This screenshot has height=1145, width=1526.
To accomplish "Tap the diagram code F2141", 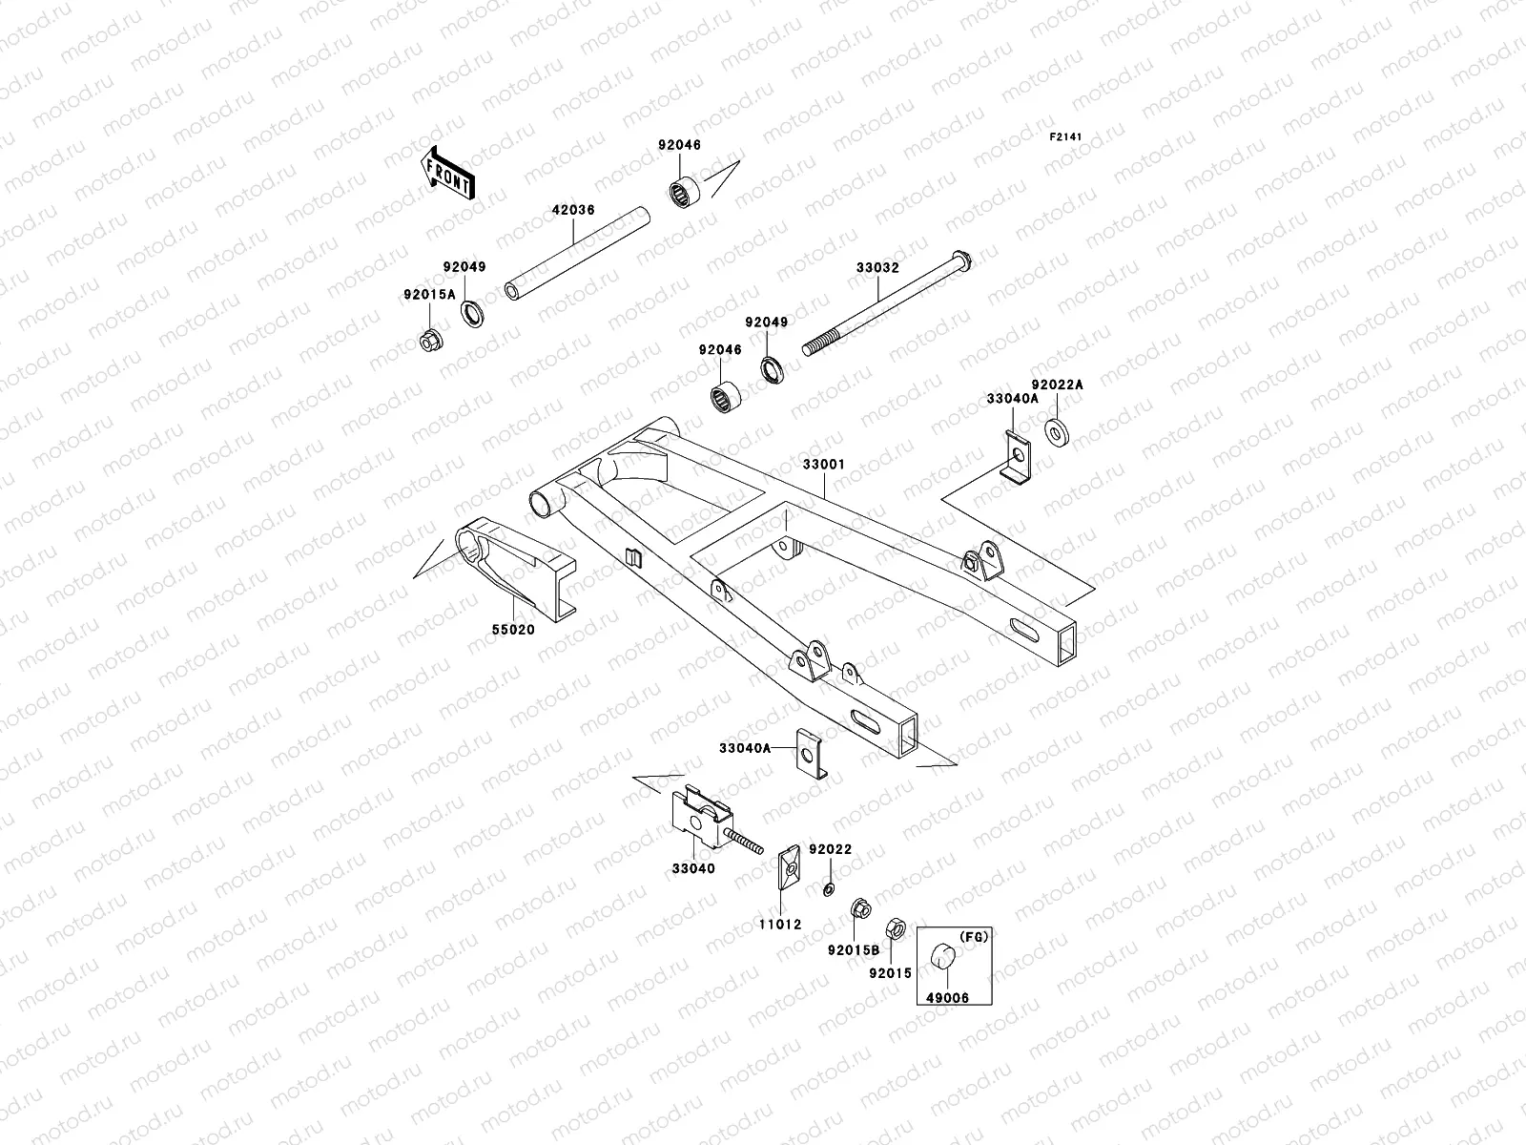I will pos(1066,137).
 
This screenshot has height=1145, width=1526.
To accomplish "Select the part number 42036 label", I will pos(572,210).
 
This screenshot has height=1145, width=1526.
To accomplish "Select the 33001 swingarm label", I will pos(823,465).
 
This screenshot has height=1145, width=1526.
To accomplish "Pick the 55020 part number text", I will pos(513,630).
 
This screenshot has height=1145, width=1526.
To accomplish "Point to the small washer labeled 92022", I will pos(829,889).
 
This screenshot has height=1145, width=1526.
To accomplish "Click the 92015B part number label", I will pos(854,950).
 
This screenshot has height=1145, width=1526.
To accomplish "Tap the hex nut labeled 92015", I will pos(896,926).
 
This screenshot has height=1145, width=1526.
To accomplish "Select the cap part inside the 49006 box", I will pos(943,953).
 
